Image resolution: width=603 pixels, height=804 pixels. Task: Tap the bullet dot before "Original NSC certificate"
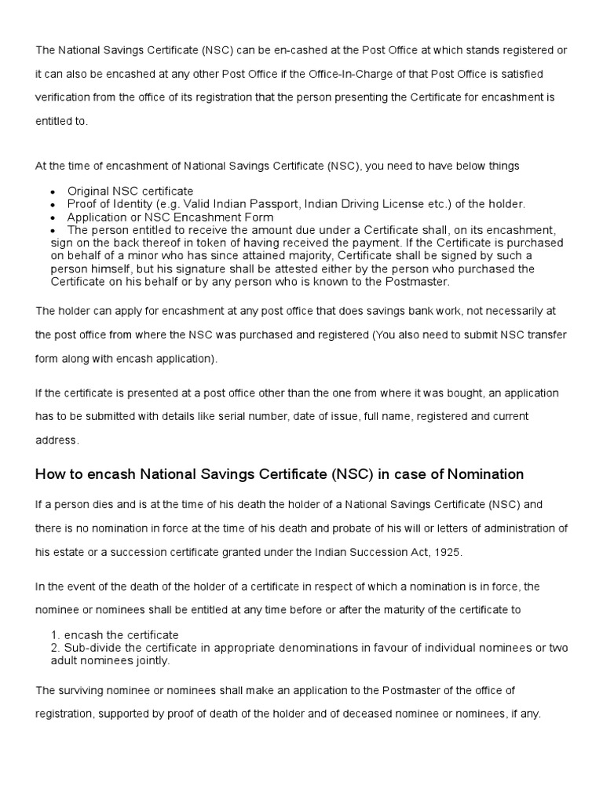pyautogui.click(x=52, y=192)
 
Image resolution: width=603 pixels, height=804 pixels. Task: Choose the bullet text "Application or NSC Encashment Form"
pyautogui.click(x=170, y=217)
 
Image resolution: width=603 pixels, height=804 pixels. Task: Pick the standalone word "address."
pyautogui.click(x=57, y=440)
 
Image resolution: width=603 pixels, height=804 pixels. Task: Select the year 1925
pyautogui.click(x=446, y=551)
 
